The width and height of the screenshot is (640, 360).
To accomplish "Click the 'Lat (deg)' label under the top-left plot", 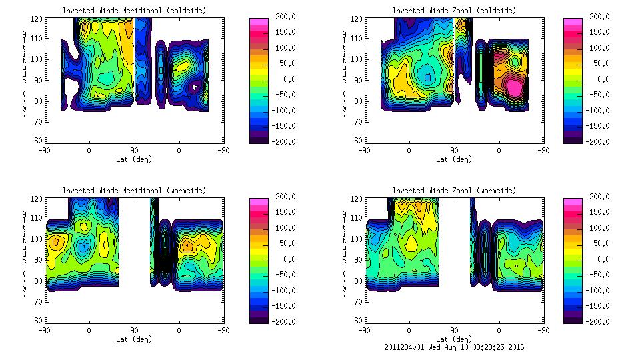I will (134, 160).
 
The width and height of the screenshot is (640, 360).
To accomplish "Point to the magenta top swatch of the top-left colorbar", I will (258, 22).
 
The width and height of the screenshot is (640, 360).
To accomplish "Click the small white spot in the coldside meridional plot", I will (195, 87).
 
